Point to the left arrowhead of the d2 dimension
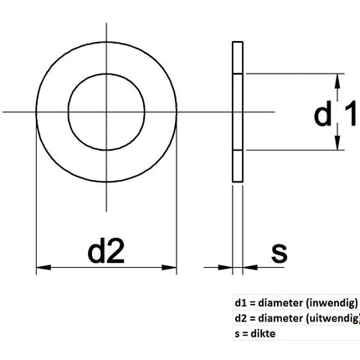pos(42,269)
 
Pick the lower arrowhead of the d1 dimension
pos(337,144)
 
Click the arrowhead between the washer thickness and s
pos(247,269)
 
